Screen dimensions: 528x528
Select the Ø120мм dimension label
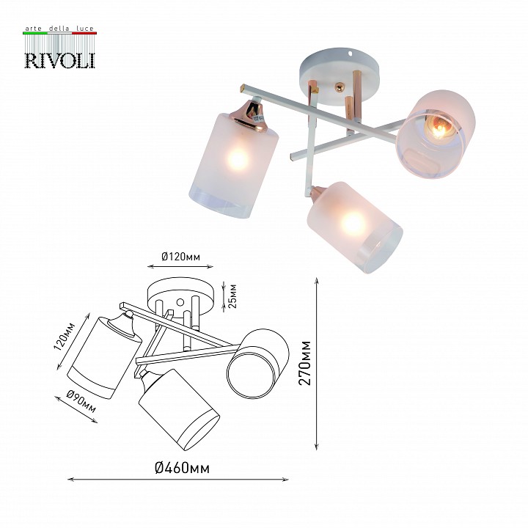pyautogui.click(x=180, y=256)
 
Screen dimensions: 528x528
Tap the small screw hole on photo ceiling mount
pyautogui.click(x=354, y=54)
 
